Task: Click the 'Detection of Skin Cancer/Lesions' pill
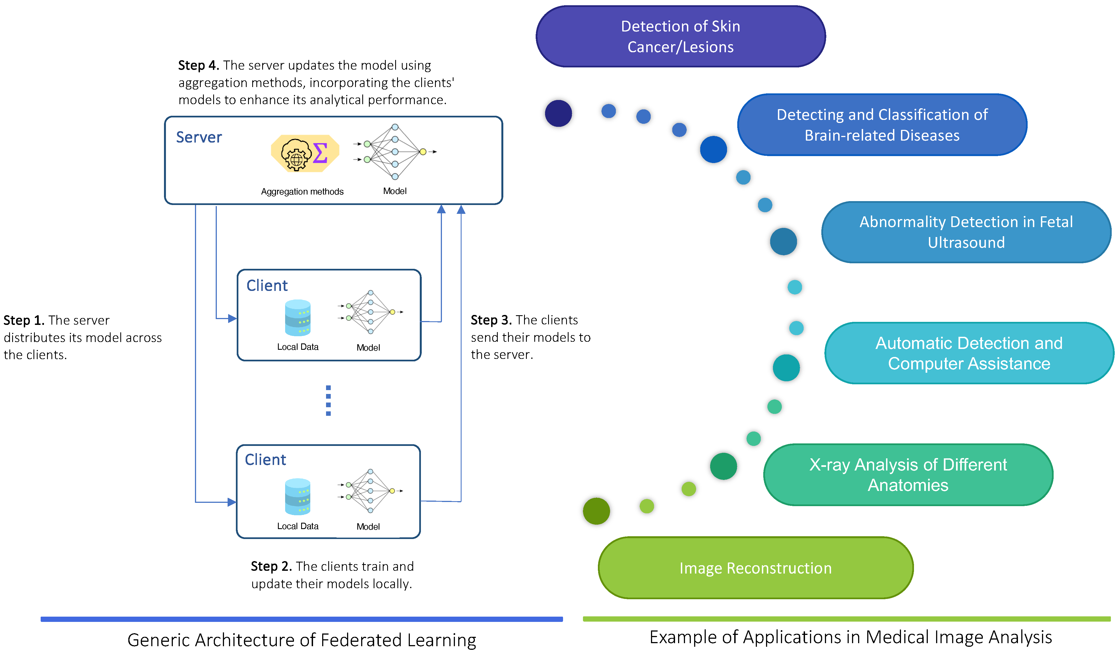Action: point(681,36)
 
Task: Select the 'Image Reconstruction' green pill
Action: point(756,568)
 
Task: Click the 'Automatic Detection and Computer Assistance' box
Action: point(969,353)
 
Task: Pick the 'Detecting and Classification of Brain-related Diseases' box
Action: point(882,125)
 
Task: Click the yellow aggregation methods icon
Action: point(305,153)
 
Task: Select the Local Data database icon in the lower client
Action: point(298,496)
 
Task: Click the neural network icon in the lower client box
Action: point(370,491)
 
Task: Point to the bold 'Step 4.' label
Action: point(199,65)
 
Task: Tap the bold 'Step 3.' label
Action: point(491,320)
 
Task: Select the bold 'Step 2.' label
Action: point(271,566)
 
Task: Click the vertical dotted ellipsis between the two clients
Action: point(329,400)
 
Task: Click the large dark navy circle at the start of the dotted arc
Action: point(558,113)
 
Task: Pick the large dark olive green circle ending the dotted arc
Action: point(597,511)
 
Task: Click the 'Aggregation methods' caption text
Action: point(302,191)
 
